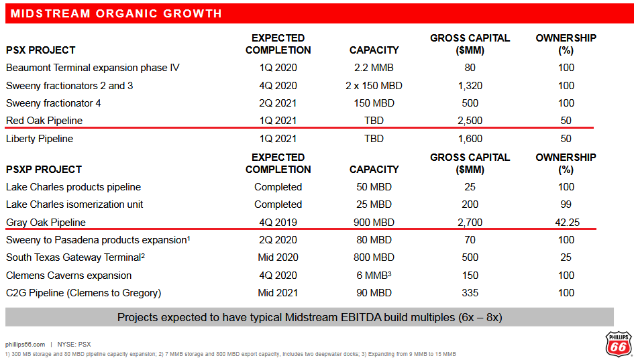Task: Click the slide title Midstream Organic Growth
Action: [x=116, y=13]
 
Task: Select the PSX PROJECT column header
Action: [x=40, y=50]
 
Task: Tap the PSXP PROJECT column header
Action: [x=44, y=170]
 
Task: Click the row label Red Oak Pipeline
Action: [x=44, y=121]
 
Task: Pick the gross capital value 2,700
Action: [x=470, y=222]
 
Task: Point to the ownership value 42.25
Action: [x=566, y=222]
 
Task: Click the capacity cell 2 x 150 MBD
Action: [x=374, y=86]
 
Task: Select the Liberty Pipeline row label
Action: [x=40, y=139]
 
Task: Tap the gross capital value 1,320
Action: [x=470, y=86]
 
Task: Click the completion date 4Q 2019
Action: [x=278, y=222]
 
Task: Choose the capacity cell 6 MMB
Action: [x=374, y=276]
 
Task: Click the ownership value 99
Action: [x=566, y=204]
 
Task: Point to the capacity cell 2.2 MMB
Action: [x=374, y=68]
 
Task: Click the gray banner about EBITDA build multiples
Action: [x=309, y=317]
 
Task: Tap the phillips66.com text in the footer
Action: [x=25, y=344]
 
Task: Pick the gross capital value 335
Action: [x=470, y=293]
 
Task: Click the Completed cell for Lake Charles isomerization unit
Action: [x=278, y=204]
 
